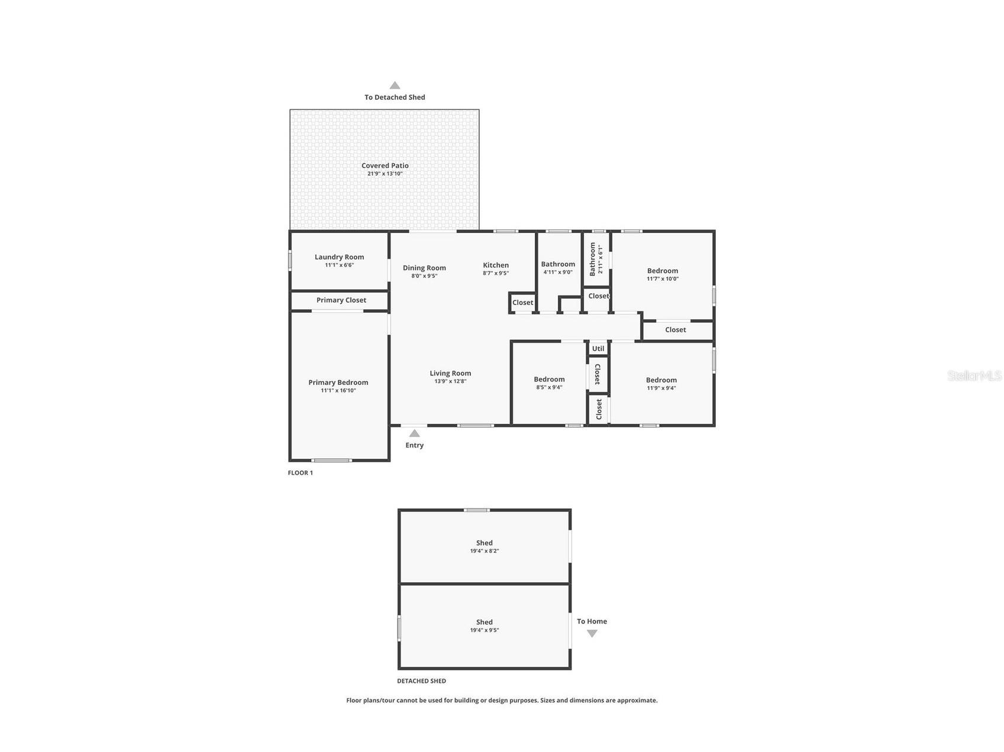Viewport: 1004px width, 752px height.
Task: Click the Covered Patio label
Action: tap(385, 166)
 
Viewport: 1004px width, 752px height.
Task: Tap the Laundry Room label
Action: tap(339, 257)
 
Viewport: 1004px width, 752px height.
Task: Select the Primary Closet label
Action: tap(341, 300)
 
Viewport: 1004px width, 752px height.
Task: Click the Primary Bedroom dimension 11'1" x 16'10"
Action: tap(338, 391)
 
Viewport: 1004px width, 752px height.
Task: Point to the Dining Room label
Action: tap(424, 268)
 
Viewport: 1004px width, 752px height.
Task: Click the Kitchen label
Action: tap(495, 265)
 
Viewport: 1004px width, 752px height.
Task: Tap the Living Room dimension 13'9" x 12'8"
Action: tap(450, 381)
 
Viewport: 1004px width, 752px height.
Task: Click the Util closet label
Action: tap(598, 348)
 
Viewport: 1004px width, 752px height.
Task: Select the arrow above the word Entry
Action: tap(414, 433)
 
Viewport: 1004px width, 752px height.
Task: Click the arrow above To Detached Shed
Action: tap(395, 85)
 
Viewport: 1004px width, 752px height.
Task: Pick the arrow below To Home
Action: tap(592, 634)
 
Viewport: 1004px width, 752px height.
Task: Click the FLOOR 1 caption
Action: tap(300, 473)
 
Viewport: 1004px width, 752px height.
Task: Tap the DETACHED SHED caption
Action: tap(421, 681)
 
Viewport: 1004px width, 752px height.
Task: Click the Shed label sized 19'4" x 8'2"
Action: tap(484, 543)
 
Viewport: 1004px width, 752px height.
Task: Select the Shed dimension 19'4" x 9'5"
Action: tap(484, 630)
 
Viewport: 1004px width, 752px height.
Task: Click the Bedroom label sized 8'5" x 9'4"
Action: tap(549, 379)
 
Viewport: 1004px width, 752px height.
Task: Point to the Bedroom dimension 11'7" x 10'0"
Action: tap(662, 279)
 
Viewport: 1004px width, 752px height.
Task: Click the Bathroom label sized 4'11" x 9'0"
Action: tap(557, 264)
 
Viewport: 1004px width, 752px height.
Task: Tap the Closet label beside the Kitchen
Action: tap(522, 302)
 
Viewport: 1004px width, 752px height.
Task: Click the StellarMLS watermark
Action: tap(974, 375)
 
